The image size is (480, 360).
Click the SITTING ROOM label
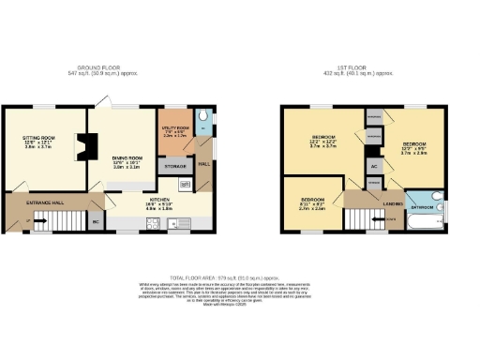[39, 138]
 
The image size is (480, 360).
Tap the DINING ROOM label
[127, 157]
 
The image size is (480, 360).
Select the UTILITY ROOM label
[176, 126]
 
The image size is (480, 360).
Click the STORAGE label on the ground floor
[174, 166]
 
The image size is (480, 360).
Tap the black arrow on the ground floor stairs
[38, 222]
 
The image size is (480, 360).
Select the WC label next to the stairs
[96, 222]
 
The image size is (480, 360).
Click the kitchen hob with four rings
[154, 223]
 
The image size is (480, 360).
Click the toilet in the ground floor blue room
[205, 121]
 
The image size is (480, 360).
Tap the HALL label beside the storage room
[203, 165]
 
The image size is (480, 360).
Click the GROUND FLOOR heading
[97, 68]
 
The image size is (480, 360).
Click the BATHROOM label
[423, 206]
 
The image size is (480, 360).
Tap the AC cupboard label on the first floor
[374, 166]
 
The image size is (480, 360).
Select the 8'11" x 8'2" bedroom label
[312, 202]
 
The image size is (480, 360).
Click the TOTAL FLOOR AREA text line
[240, 277]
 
